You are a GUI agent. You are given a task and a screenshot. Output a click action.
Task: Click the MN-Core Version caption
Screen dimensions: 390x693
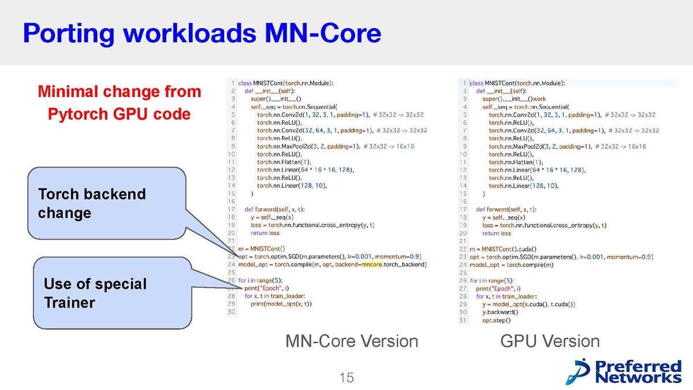pos(352,341)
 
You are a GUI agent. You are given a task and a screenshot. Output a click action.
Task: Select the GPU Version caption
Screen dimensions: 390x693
pos(550,341)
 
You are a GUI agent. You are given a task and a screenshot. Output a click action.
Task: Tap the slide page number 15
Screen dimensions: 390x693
pos(346,378)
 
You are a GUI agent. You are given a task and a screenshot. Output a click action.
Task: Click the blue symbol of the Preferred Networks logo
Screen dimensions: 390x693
pos(577,370)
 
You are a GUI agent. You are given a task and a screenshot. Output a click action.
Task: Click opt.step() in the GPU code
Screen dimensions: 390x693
pos(497,320)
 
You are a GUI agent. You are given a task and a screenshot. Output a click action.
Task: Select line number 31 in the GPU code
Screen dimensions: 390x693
pos(463,320)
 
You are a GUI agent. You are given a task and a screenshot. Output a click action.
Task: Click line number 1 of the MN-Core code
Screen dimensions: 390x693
pos(233,83)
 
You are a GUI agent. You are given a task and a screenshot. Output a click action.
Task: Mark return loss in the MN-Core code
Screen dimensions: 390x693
pos(265,233)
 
